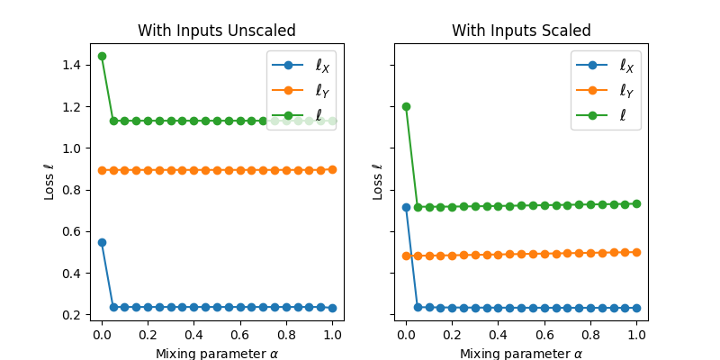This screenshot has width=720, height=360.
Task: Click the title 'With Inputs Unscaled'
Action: pyautogui.click(x=217, y=31)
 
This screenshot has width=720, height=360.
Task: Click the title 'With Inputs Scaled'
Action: pyautogui.click(x=521, y=31)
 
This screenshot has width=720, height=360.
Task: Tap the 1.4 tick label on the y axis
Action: pyautogui.click(x=72, y=65)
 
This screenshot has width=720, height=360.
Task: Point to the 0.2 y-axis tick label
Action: pyautogui.click(x=72, y=315)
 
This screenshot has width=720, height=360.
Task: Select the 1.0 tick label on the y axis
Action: pyautogui.click(x=72, y=148)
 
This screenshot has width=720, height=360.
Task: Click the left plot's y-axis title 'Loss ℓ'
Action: pyautogui.click(x=50, y=182)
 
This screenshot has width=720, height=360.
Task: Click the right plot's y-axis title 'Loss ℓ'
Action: pyautogui.click(x=378, y=182)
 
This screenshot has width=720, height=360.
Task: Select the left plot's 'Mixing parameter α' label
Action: pyautogui.click(x=217, y=353)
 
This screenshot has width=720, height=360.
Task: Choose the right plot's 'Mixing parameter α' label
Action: pyautogui.click(x=521, y=353)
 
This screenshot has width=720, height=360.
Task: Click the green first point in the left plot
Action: pyautogui.click(x=102, y=56)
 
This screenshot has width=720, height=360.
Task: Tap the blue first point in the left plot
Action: pyautogui.click(x=102, y=242)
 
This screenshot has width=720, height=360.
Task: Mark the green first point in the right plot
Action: pyautogui.click(x=406, y=106)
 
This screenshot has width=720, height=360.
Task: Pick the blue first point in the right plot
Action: pyautogui.click(x=406, y=207)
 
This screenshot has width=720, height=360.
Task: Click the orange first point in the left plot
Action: pyautogui.click(x=102, y=170)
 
